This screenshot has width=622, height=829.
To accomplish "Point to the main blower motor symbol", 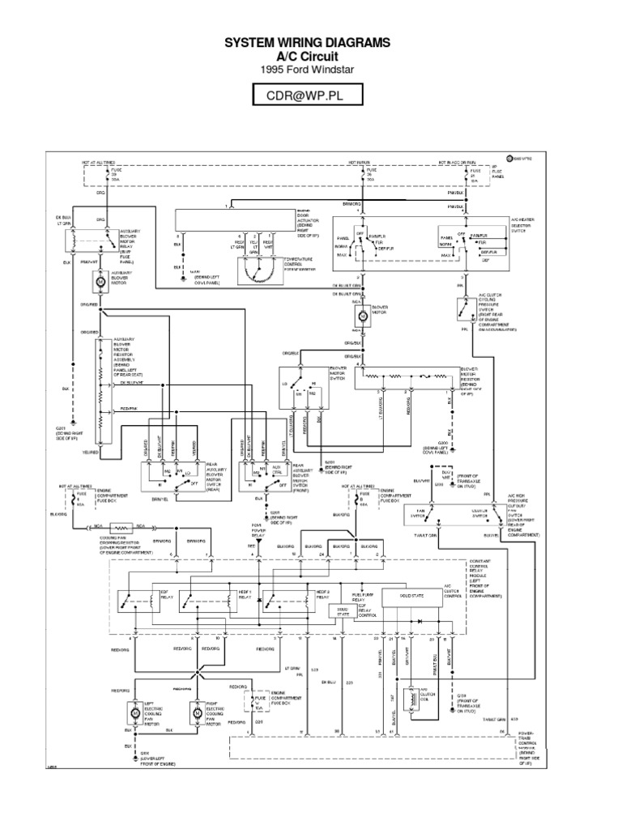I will pos(357,317).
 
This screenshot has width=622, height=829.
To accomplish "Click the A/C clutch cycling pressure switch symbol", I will pos(463,307).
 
